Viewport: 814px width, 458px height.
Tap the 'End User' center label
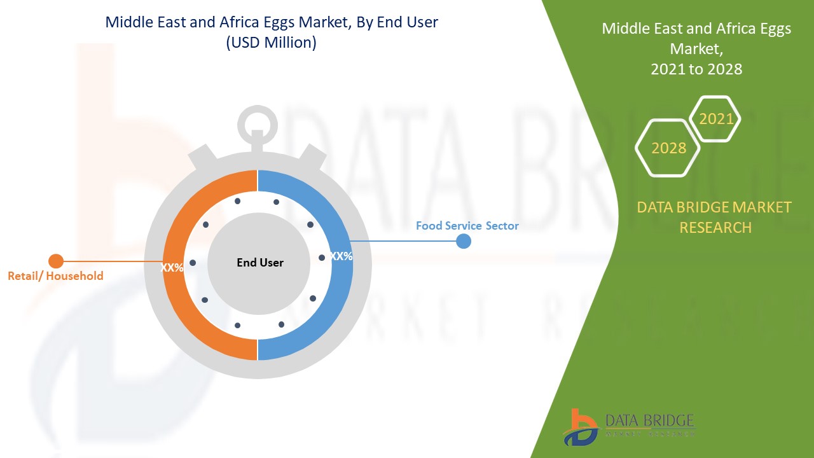pyautogui.click(x=260, y=263)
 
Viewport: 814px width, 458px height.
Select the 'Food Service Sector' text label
pyautogui.click(x=467, y=226)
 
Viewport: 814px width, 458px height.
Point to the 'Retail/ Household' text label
pyautogui.click(x=55, y=276)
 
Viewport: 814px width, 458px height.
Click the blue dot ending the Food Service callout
pyautogui.click(x=464, y=241)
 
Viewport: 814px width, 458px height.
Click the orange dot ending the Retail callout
pyautogui.click(x=56, y=261)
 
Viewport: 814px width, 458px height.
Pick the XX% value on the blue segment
pyautogui.click(x=341, y=256)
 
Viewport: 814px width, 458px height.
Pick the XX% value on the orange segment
pyautogui.click(x=172, y=268)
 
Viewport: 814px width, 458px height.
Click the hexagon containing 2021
pyautogui.click(x=715, y=119)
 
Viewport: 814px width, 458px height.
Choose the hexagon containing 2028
pyautogui.click(x=668, y=148)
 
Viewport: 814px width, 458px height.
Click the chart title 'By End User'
pyautogui.click(x=272, y=22)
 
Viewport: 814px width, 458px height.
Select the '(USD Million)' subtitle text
pyautogui.click(x=272, y=43)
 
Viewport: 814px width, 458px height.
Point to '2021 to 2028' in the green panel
pyautogui.click(x=696, y=69)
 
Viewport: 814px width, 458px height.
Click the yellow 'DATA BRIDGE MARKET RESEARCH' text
pyautogui.click(x=715, y=217)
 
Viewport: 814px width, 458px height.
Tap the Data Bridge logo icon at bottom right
pyautogui.click(x=580, y=426)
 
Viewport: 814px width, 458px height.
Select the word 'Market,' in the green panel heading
pyautogui.click(x=696, y=49)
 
